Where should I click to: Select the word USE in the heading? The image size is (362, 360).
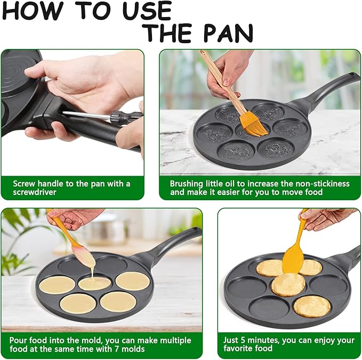coord(144,11)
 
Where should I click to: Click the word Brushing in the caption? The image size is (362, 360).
coord(187,183)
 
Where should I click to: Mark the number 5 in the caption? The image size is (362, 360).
coord(245,339)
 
